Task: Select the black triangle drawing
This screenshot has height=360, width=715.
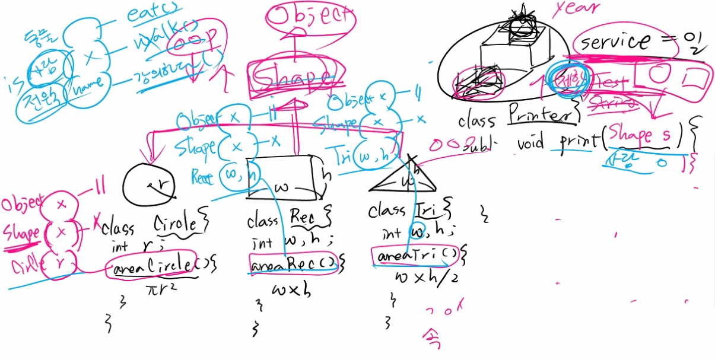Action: click(x=404, y=178)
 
